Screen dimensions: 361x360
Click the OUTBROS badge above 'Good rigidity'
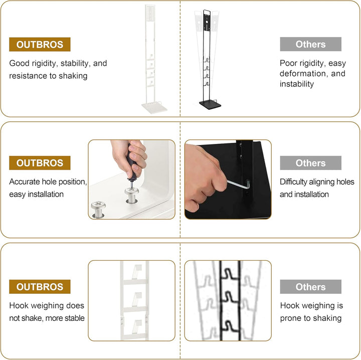point(40,45)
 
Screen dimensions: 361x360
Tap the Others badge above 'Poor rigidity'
point(310,44)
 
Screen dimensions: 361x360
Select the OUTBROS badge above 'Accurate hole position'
point(40,163)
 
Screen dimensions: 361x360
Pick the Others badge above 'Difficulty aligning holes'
point(310,163)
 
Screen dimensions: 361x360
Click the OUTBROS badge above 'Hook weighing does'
point(40,287)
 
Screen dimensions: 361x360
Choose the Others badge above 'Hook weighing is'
point(310,287)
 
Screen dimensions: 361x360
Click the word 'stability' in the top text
point(76,63)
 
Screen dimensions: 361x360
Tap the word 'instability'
point(296,84)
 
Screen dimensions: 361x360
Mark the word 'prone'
point(291,318)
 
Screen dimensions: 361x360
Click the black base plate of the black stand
point(210,105)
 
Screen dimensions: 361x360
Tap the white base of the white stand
point(154,108)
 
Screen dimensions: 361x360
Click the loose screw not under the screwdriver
point(98,209)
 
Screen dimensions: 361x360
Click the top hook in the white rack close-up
point(137,272)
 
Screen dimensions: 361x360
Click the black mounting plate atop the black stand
point(207,23)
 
